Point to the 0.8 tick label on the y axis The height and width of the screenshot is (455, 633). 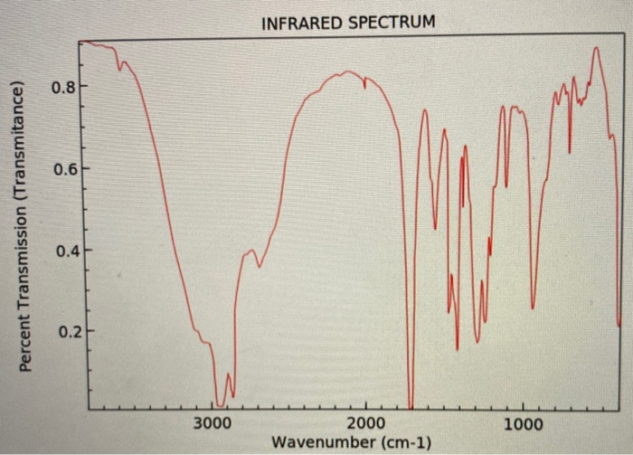pyautogui.click(x=63, y=88)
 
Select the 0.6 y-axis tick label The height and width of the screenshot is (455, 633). pyautogui.click(x=63, y=169)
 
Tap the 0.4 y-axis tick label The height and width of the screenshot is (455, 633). pyautogui.click(x=63, y=251)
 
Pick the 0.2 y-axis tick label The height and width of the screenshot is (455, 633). pyautogui.click(x=63, y=332)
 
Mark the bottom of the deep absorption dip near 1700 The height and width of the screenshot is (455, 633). pyautogui.click(x=411, y=407)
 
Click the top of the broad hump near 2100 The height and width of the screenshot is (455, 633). pyautogui.click(x=347, y=72)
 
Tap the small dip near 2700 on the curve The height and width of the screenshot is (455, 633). pyautogui.click(x=260, y=266)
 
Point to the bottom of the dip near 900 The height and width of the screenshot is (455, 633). pyautogui.click(x=533, y=308)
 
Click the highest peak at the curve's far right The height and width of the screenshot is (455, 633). pyautogui.click(x=596, y=48)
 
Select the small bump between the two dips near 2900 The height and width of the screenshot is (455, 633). pyautogui.click(x=228, y=374)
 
